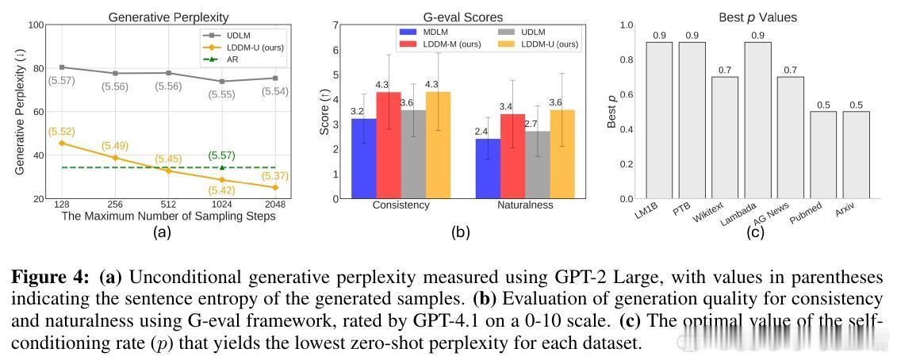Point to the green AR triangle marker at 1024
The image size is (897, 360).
pos(222,167)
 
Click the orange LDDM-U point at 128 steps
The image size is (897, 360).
pos(62,143)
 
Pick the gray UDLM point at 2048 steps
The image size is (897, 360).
pos(275,78)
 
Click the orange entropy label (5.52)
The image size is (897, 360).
pos(62,131)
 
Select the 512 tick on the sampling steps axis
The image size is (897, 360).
pos(168,205)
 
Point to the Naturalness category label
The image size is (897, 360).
pos(525,205)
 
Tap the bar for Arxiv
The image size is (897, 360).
pos(856,155)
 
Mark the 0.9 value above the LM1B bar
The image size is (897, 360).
pos(658,36)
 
